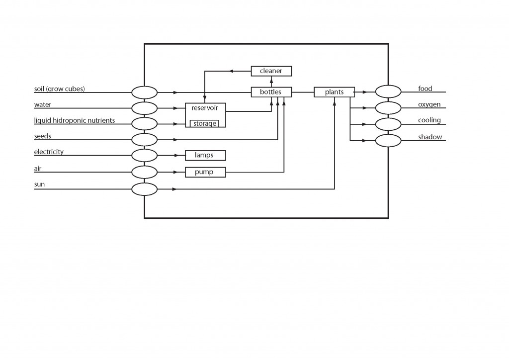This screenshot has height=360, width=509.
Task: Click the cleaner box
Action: point(271,71)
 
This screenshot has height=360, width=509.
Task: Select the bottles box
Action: point(271,92)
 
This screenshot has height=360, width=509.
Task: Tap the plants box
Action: point(334,92)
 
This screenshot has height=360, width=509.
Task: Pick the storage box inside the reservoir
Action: point(205,123)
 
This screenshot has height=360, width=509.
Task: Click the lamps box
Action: point(205,155)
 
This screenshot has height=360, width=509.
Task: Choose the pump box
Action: point(205,172)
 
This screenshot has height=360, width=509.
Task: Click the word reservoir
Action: point(205,108)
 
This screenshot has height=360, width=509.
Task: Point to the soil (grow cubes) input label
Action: point(59,89)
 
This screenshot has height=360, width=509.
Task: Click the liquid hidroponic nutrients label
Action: point(75,120)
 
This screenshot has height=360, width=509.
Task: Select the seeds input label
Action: point(43,136)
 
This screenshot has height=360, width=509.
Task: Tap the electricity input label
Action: point(49,152)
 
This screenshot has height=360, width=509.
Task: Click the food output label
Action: point(425,89)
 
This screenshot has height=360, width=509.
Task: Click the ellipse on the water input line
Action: point(144,108)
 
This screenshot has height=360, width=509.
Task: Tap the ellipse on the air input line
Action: point(144,173)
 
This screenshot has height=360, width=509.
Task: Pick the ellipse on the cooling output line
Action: point(388,124)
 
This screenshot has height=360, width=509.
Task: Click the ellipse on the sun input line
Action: point(144,189)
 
